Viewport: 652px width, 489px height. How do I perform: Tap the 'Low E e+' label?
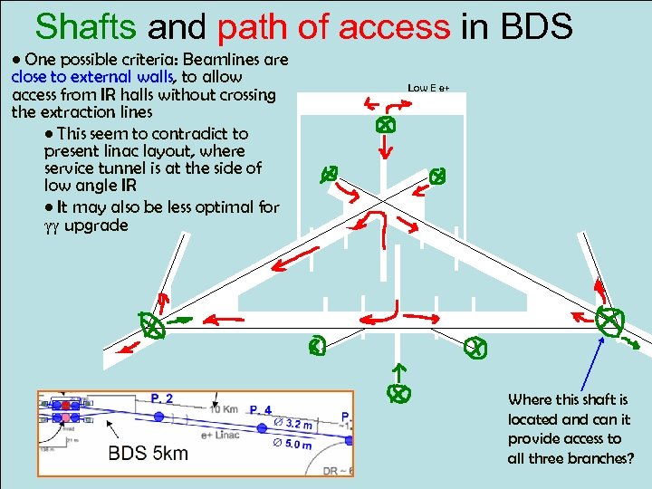pyautogui.click(x=429, y=88)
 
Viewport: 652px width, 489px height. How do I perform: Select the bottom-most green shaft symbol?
pyautogui.click(x=397, y=393)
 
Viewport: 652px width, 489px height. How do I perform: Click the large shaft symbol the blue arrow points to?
pyautogui.click(x=610, y=320)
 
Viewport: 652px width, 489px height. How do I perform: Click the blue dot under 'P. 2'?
pyautogui.click(x=160, y=417)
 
